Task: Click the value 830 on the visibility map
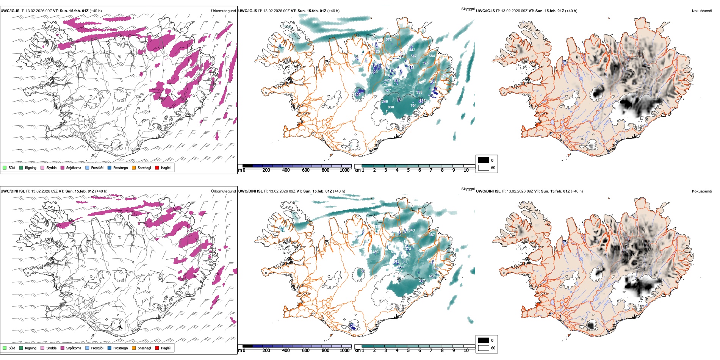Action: (x=391, y=107)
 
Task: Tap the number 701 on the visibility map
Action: (x=413, y=106)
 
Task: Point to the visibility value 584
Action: (x=432, y=56)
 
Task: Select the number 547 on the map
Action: (x=413, y=56)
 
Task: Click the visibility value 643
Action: (x=412, y=230)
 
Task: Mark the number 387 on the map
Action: (x=432, y=235)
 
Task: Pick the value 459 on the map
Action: (x=375, y=252)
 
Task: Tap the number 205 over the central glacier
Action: (x=358, y=95)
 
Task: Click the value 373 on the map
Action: (x=408, y=249)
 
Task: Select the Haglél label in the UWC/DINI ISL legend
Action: (x=166, y=348)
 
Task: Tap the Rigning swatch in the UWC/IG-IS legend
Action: (x=21, y=167)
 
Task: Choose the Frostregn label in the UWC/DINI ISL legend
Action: (x=121, y=348)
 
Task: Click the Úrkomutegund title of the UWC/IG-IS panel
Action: (x=223, y=11)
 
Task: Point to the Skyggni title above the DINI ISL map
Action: (x=468, y=189)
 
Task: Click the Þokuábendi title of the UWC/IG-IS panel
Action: (x=702, y=11)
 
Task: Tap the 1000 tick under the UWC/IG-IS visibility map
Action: (x=344, y=170)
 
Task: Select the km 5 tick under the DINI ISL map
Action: (x=409, y=351)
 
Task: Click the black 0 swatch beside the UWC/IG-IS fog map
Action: (x=484, y=160)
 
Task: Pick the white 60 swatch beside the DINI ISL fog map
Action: (x=484, y=348)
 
